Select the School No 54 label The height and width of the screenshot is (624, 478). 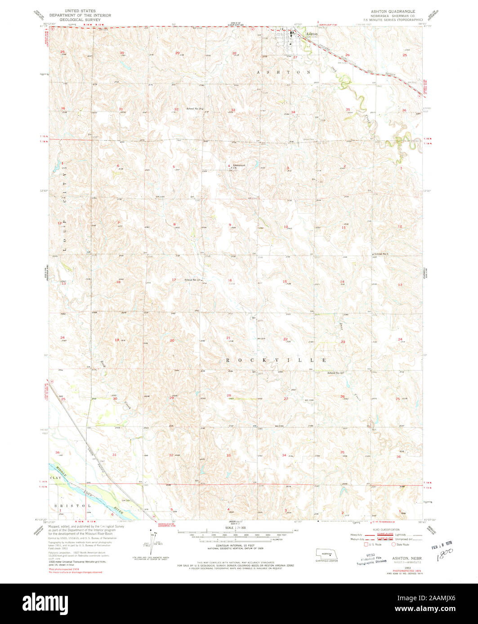pos(192,280)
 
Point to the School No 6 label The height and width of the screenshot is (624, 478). pos(380,254)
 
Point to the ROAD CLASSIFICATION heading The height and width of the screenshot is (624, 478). pos(386,530)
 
